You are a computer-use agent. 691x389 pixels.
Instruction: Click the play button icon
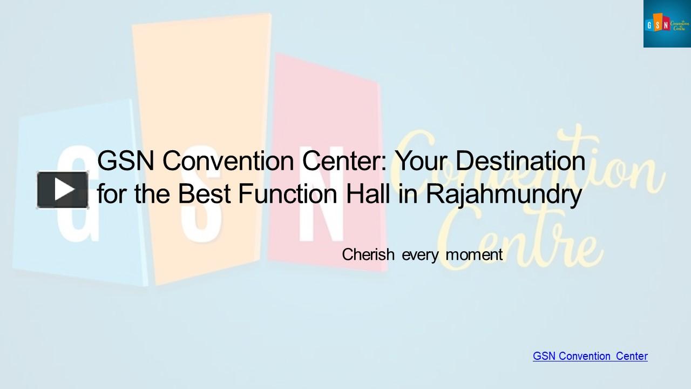tap(63, 190)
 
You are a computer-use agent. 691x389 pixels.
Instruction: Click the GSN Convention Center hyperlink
tap(590, 356)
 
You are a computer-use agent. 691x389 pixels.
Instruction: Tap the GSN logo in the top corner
tap(667, 24)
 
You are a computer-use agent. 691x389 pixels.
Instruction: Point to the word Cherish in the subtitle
tap(368, 254)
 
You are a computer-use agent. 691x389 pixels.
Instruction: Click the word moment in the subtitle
tap(474, 254)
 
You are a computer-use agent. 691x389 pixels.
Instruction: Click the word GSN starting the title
tap(126, 161)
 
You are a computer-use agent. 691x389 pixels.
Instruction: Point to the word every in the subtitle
tap(420, 254)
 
